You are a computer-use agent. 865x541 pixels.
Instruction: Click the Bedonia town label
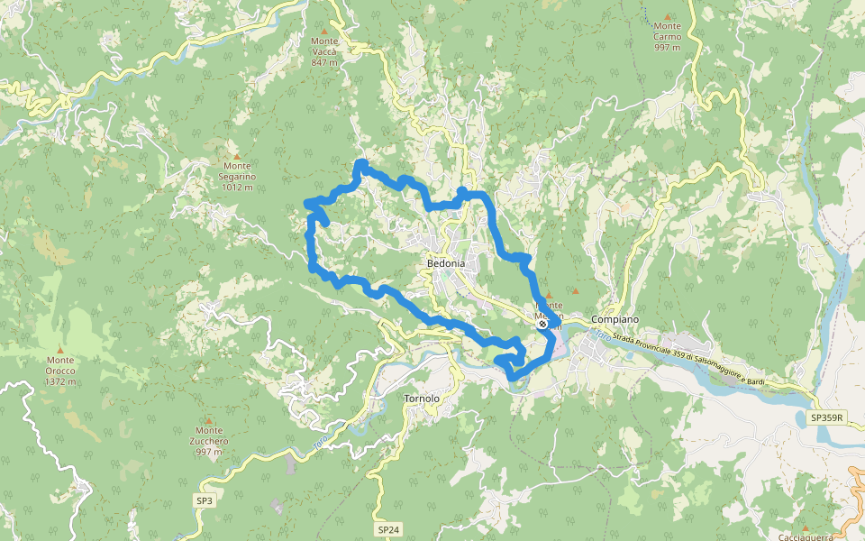pyautogui.click(x=446, y=262)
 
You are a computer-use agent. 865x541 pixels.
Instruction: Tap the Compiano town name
pyautogui.click(x=615, y=320)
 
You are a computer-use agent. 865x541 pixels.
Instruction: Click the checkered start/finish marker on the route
pyautogui.click(x=543, y=325)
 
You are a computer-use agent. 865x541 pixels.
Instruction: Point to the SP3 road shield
pyautogui.click(x=205, y=500)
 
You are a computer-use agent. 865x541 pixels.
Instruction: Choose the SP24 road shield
pyautogui.click(x=388, y=530)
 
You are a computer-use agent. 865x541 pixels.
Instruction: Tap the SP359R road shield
pyautogui.click(x=826, y=417)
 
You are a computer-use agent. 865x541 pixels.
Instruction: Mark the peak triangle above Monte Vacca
pyautogui.click(x=324, y=30)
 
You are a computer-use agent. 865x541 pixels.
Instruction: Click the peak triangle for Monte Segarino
pyautogui.click(x=237, y=155)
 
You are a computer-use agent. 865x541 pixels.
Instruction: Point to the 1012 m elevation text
pyautogui.click(x=237, y=188)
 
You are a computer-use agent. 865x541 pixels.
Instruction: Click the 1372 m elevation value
pyautogui.click(x=60, y=381)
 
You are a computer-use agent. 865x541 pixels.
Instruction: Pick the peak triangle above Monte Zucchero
pyautogui.click(x=209, y=419)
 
